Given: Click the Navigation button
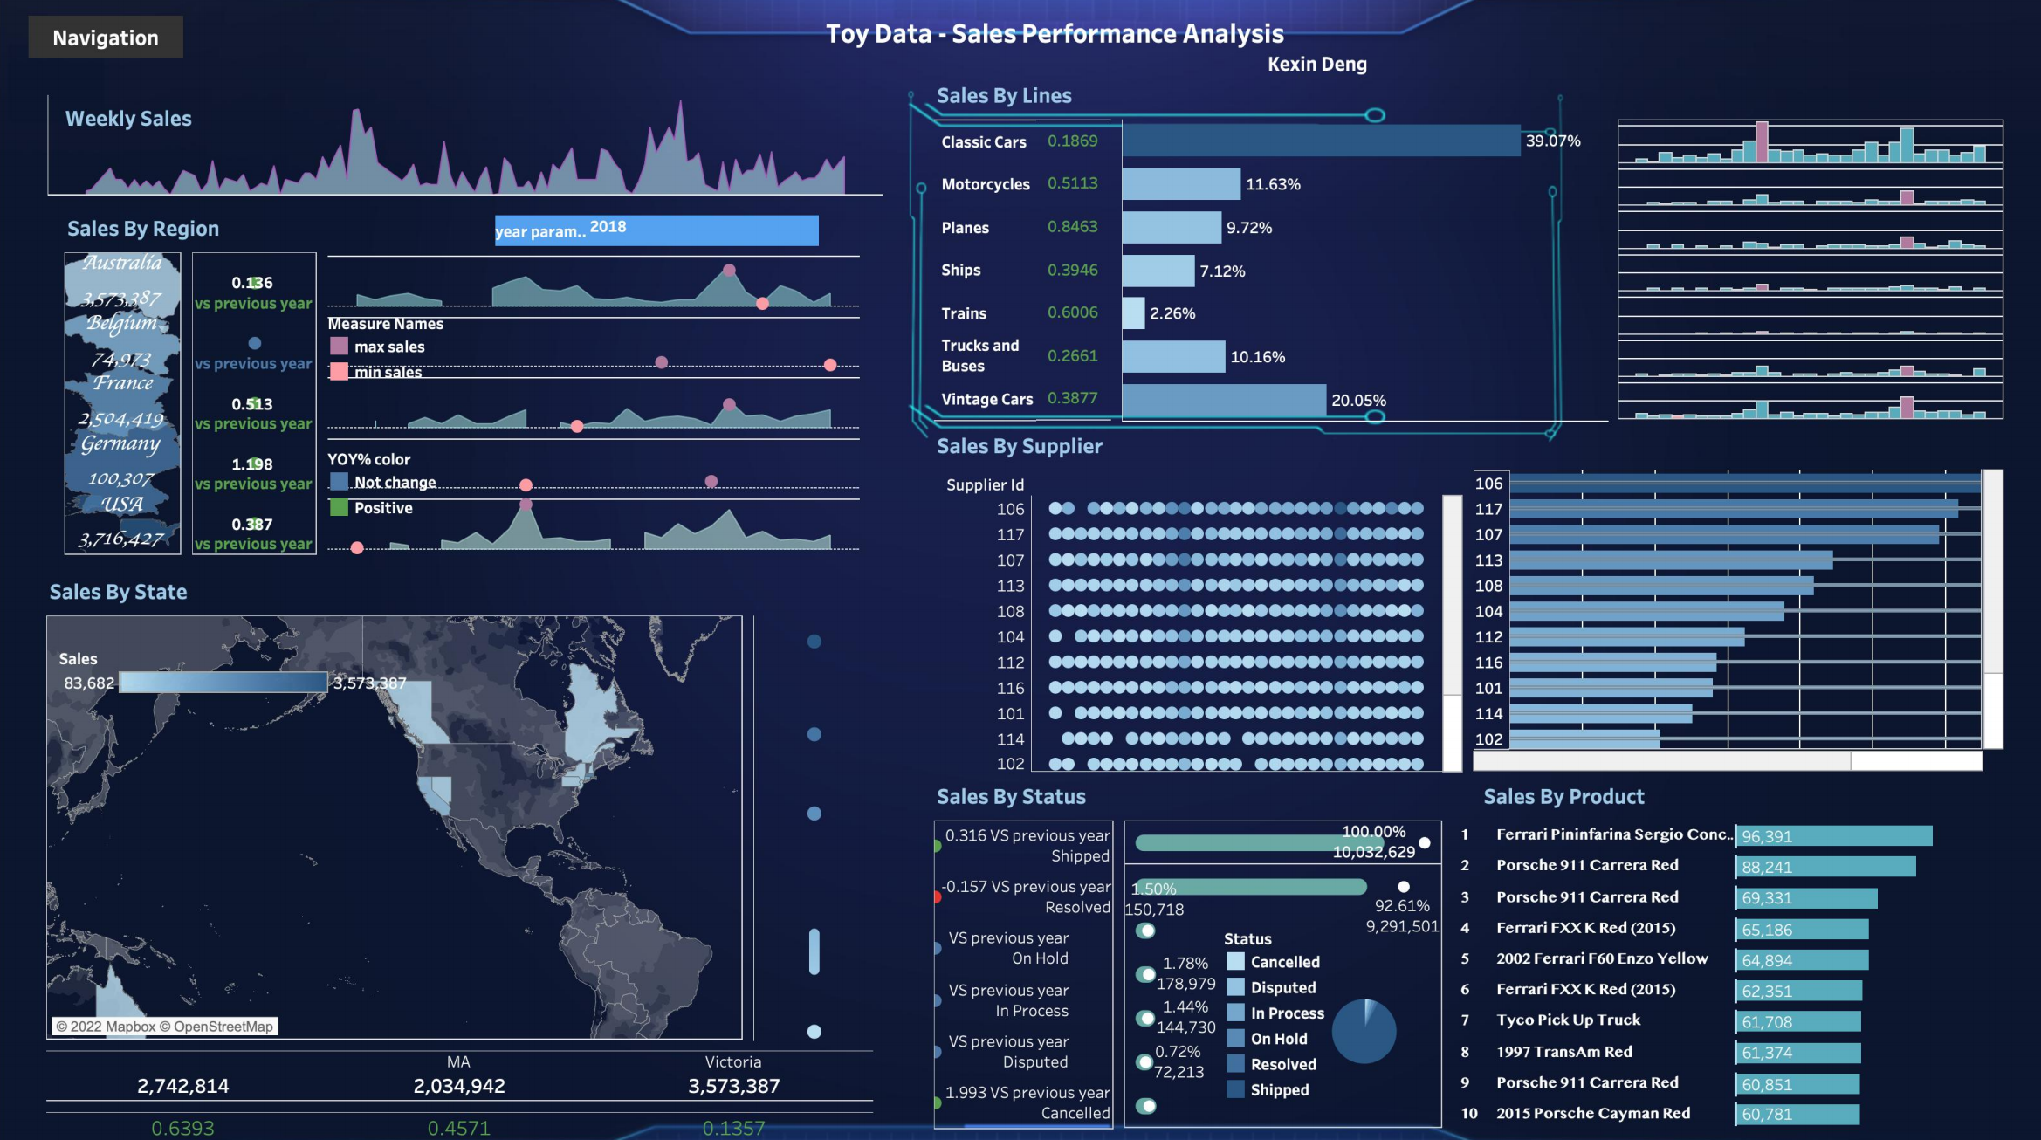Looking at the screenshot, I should tap(106, 38).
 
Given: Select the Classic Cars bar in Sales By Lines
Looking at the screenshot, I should tap(1321, 141).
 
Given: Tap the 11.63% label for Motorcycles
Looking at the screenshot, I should tap(1273, 184).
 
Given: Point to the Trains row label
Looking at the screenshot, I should tap(964, 313).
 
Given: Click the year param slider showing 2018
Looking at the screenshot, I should tap(656, 230).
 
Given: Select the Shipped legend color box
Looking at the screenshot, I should tap(1235, 1089).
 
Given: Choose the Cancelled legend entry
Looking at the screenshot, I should tap(1284, 962).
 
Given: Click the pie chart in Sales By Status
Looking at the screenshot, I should tap(1364, 1031).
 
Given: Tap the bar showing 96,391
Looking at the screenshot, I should tap(1833, 836).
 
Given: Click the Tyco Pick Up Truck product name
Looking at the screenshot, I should tap(1568, 1020).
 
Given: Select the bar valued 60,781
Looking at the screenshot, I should tap(1797, 1115).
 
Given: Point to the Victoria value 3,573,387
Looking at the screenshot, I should tap(733, 1086).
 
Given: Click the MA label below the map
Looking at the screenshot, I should tap(458, 1062).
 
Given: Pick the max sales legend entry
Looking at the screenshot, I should tap(388, 347).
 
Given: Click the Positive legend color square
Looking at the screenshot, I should tap(340, 507).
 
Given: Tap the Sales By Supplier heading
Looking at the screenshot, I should tap(1019, 446).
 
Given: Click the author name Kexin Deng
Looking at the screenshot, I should tap(1316, 64).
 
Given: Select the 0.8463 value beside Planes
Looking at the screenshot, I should tap(1072, 227).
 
